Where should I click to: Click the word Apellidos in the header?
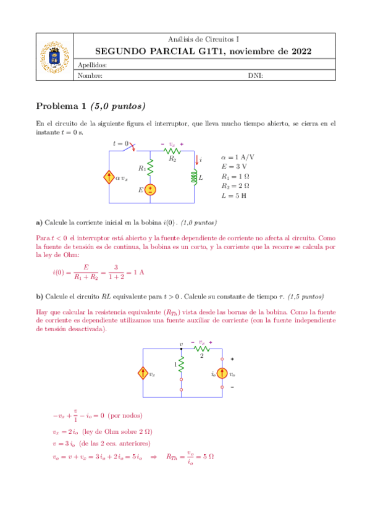93,65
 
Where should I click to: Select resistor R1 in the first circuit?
149,167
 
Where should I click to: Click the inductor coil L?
195,177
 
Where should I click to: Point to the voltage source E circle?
149,190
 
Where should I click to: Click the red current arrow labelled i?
196,160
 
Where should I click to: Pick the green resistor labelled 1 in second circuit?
181,365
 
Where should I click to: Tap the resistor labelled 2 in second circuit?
202,349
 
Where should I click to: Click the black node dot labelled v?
181,349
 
